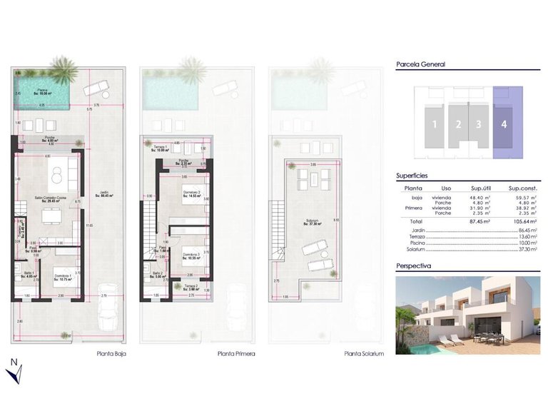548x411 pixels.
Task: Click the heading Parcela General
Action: [420, 64]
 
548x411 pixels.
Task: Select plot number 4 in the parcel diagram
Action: [504, 123]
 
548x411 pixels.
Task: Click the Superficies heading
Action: [412, 175]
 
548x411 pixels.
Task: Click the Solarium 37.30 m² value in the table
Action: [527, 250]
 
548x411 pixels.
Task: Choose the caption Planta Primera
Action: [235, 353]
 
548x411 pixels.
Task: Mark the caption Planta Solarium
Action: [364, 353]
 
